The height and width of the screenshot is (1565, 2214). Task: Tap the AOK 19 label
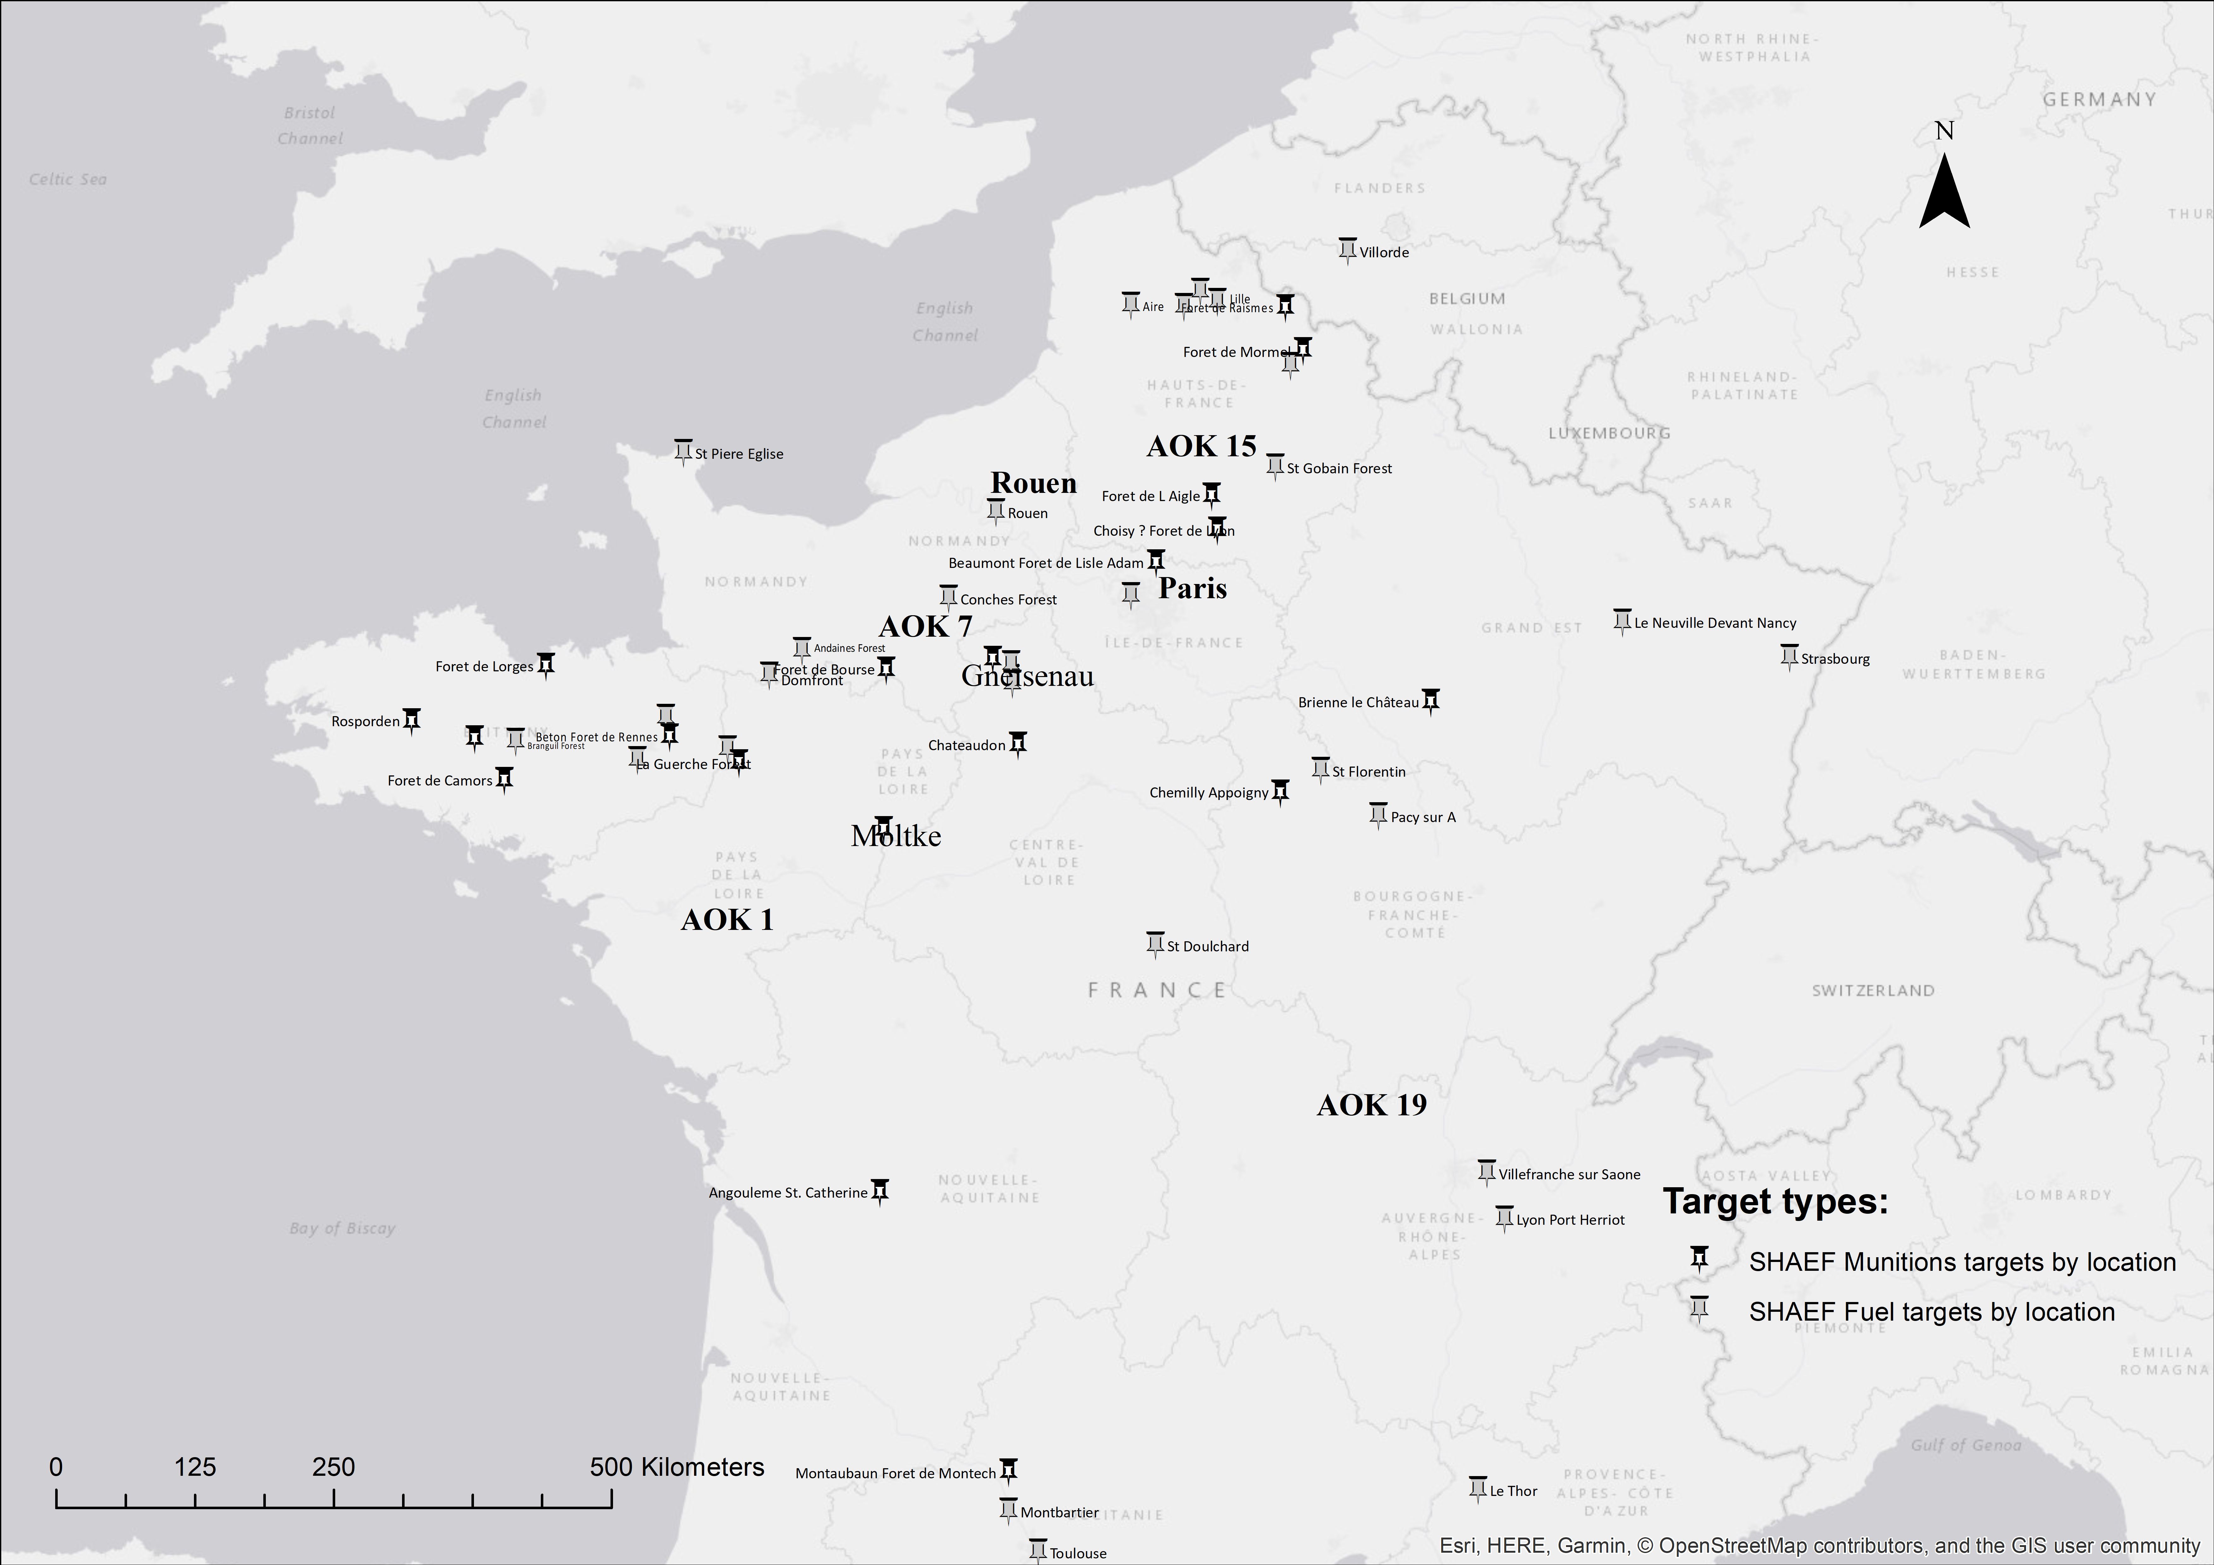[1371, 1105]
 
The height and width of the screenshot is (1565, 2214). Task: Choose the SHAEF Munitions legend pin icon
[1699, 1258]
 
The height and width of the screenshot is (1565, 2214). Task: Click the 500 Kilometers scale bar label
[677, 1468]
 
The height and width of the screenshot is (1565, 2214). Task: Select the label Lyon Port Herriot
[1570, 1220]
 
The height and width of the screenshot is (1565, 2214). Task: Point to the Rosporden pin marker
[412, 720]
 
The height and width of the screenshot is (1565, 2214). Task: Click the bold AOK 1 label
[727, 920]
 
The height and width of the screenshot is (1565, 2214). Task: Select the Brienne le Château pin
[1431, 700]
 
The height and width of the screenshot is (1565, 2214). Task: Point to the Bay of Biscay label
[342, 1229]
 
